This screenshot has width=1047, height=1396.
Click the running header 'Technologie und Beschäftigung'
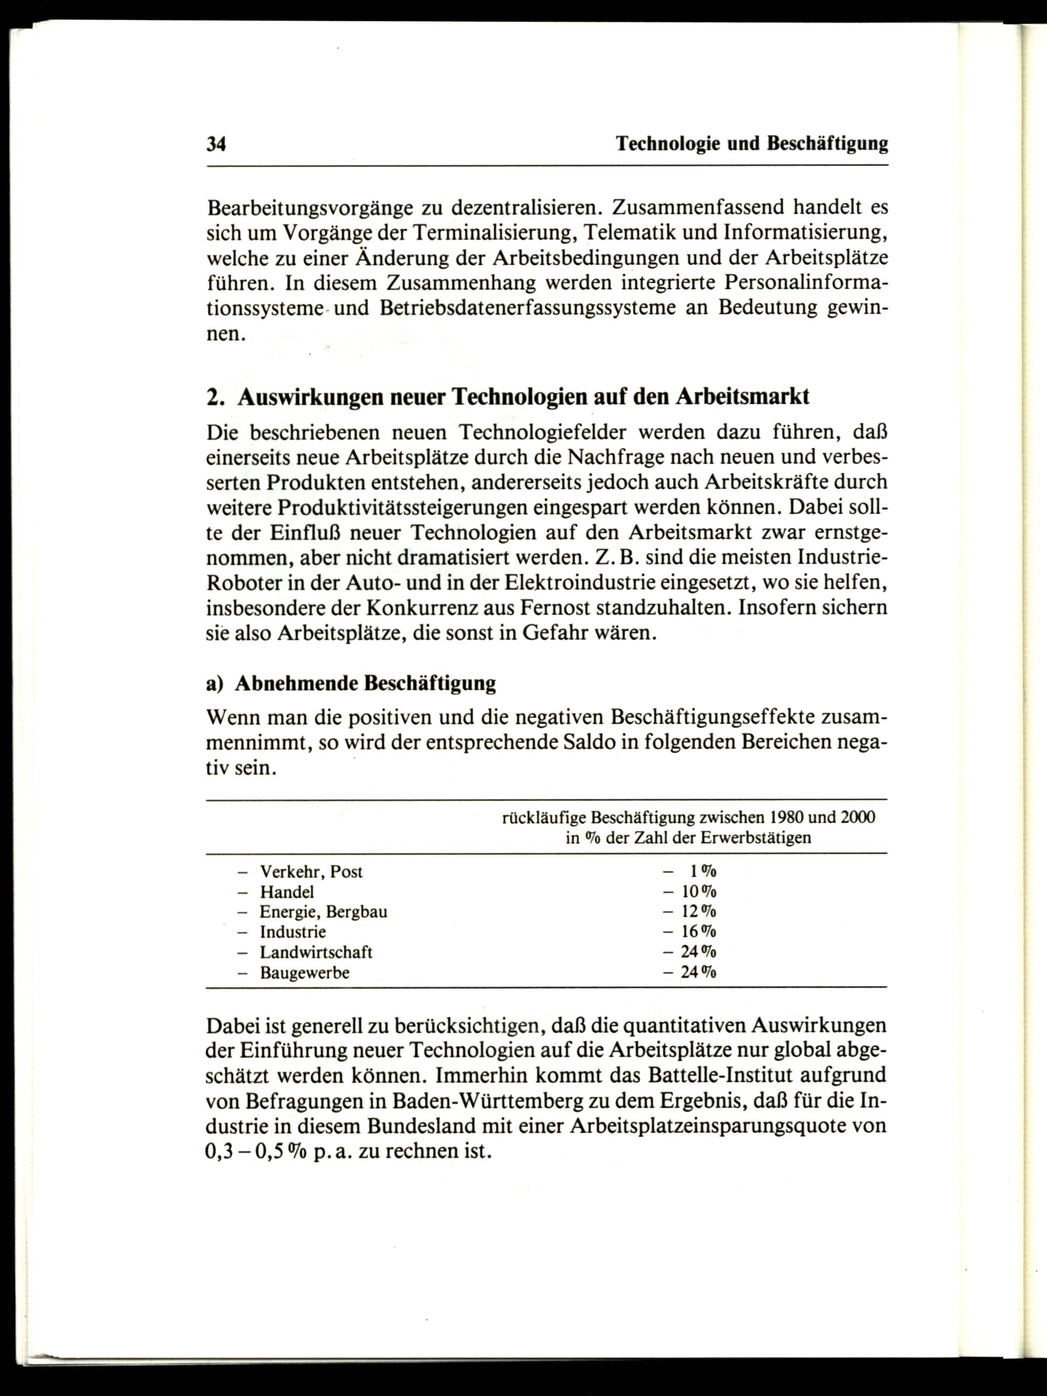coord(752,144)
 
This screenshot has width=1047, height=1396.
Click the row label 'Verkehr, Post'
coord(311,872)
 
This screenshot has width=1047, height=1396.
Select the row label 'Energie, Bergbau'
coord(324,912)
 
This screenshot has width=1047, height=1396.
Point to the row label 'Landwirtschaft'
coord(316,952)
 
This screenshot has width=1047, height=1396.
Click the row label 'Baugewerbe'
coord(305,973)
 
